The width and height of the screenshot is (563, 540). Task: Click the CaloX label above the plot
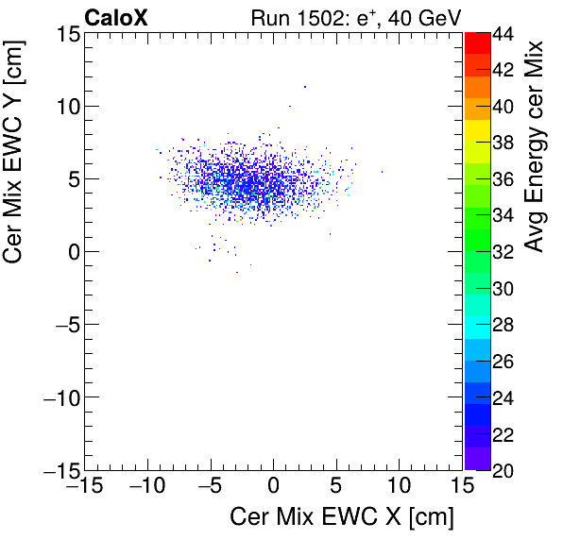(116, 17)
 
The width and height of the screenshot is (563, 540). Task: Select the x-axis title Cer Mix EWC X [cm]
(342, 517)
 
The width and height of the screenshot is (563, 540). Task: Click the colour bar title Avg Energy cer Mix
(535, 146)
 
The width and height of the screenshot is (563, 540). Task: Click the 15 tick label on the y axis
(64, 34)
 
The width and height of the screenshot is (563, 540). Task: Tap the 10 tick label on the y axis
(64, 106)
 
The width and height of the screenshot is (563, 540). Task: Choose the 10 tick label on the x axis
(400, 486)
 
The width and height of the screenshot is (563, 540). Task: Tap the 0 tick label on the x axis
(273, 486)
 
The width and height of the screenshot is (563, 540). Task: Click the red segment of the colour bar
(477, 42)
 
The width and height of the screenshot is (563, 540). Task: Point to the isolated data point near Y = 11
(305, 87)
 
